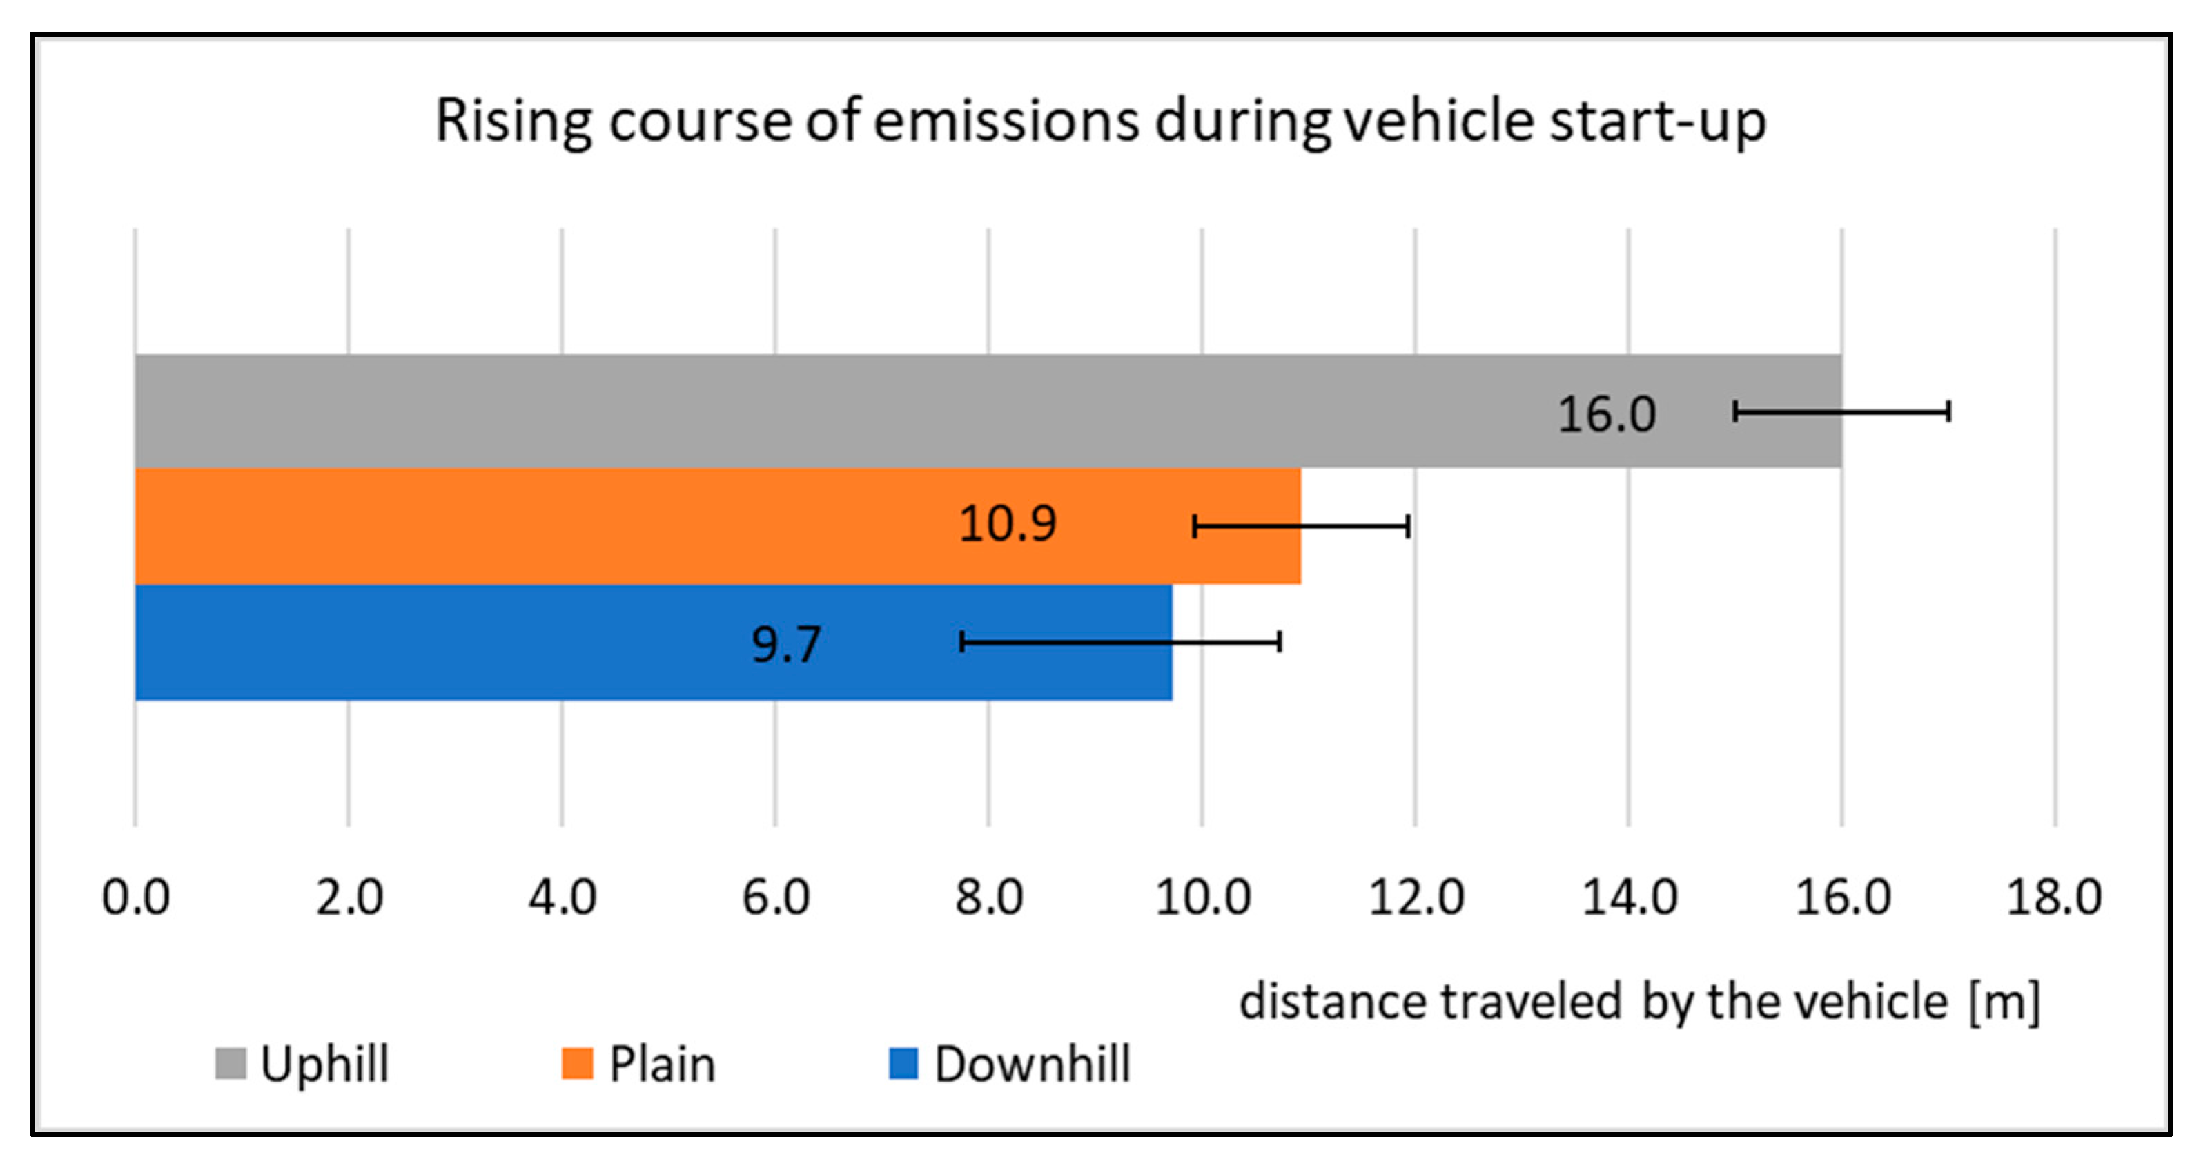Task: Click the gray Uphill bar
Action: [x=854, y=411]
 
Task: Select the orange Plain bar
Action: [x=598, y=526]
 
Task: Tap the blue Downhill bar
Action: [x=513, y=642]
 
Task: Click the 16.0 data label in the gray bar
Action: [x=1606, y=415]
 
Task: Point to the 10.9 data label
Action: [x=1008, y=523]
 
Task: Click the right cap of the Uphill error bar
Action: [x=1948, y=411]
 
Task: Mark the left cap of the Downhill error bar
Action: [x=962, y=641]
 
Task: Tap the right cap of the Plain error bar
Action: [x=1407, y=526]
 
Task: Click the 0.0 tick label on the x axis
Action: [x=135, y=897]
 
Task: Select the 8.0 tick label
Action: [x=988, y=897]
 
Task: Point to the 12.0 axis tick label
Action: [x=1416, y=897]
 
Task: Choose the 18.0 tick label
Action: [x=2054, y=897]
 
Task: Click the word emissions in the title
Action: [x=1006, y=121]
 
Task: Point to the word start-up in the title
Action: [x=1658, y=122]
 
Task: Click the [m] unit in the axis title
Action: [x=2004, y=1002]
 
